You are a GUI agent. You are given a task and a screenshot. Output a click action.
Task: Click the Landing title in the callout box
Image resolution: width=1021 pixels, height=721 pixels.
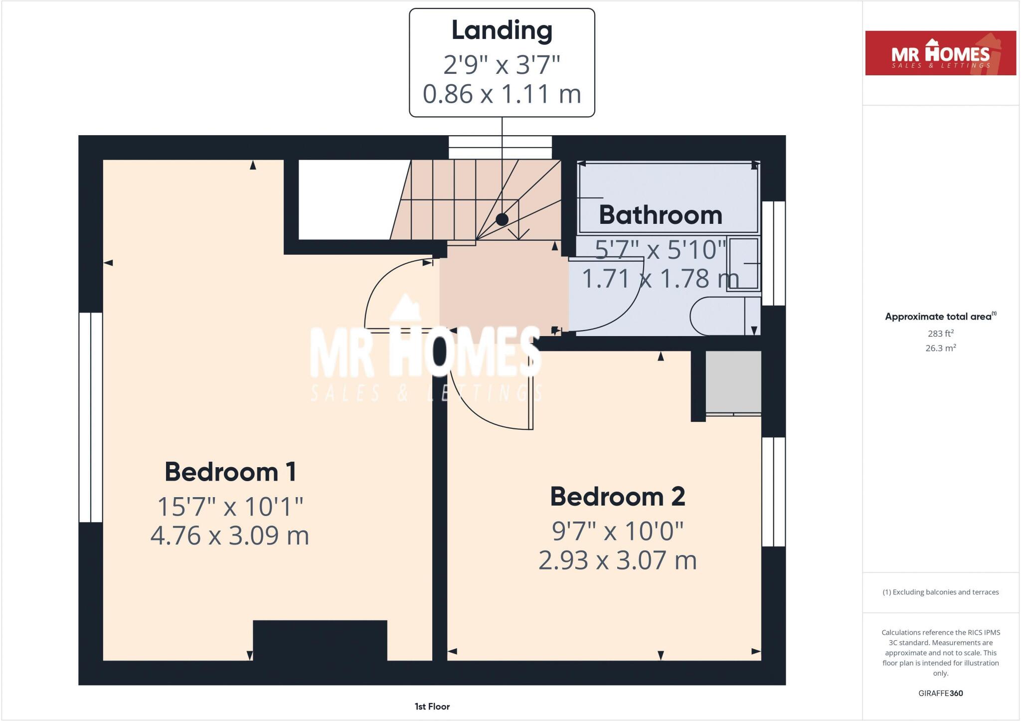[502, 31]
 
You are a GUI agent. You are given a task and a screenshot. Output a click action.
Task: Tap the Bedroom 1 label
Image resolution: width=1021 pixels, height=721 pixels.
[230, 472]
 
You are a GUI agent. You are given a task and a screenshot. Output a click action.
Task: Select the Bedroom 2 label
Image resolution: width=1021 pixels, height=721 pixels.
[617, 497]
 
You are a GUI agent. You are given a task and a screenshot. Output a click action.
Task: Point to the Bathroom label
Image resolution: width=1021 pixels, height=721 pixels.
[660, 215]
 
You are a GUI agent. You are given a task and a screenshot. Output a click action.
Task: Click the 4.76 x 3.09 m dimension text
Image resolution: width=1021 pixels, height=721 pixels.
[230, 536]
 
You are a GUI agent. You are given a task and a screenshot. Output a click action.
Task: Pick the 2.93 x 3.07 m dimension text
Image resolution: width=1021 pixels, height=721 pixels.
[617, 560]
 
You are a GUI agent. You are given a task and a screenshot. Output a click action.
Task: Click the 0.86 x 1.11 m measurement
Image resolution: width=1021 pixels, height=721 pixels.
[502, 94]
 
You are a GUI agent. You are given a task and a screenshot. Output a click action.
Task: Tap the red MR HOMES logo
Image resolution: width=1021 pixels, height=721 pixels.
[940, 53]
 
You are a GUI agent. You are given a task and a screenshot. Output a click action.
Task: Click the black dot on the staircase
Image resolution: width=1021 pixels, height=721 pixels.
[502, 219]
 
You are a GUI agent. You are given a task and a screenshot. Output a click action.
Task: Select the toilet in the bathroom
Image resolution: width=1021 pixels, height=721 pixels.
[723, 316]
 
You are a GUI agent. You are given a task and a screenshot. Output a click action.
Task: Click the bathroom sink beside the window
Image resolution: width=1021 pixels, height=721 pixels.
[743, 264]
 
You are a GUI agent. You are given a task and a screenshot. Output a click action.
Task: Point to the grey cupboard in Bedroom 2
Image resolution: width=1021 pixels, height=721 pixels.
[733, 382]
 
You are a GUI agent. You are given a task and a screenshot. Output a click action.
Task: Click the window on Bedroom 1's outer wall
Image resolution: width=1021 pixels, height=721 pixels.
[91, 417]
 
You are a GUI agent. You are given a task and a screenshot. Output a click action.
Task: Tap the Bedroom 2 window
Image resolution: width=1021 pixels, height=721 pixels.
[774, 492]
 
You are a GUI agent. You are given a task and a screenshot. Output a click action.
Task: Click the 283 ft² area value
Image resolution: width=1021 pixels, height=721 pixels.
[940, 334]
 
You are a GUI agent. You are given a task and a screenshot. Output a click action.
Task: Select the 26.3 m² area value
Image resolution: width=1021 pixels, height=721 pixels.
[940, 348]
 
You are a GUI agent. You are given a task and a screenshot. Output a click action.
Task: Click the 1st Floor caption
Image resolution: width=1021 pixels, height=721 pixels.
[432, 707]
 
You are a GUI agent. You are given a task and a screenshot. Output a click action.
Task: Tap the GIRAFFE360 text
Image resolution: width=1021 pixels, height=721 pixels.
[940, 693]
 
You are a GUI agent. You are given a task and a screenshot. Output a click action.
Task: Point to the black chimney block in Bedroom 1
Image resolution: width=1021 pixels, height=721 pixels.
[320, 640]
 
